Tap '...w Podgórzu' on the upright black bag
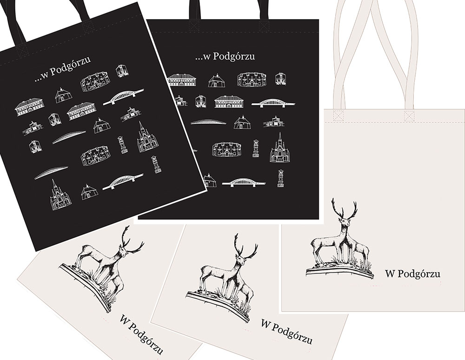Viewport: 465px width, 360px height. [225, 56]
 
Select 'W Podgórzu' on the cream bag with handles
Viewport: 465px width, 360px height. [412, 273]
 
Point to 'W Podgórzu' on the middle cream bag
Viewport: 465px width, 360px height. [286, 331]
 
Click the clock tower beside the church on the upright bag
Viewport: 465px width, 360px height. [255, 148]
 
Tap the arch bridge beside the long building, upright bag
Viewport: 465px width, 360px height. [273, 103]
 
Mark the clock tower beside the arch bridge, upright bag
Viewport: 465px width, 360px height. [280, 178]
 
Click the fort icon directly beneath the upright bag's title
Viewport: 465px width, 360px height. [252, 80]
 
